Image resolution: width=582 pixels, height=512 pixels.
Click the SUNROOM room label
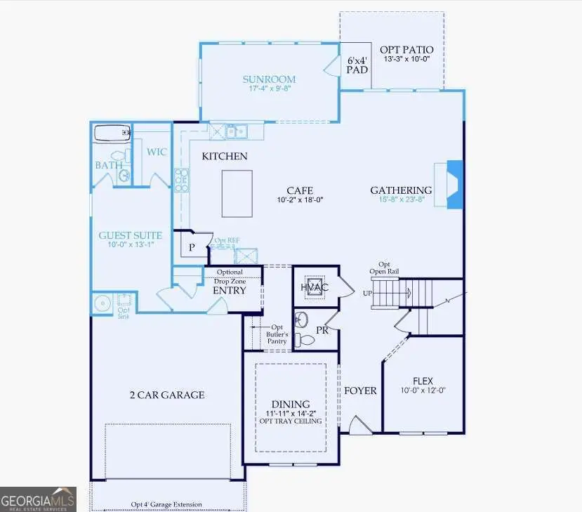click(x=269, y=79)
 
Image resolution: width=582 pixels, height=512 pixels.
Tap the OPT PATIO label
click(x=406, y=50)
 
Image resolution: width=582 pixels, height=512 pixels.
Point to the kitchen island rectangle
click(x=237, y=194)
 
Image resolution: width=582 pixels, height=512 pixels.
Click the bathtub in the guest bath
click(x=112, y=133)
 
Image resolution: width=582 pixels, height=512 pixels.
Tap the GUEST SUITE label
click(x=130, y=236)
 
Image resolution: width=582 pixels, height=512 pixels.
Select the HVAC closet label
click(x=314, y=287)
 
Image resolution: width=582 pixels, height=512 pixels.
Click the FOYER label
click(x=360, y=390)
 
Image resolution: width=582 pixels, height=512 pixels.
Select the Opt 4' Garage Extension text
click(x=166, y=504)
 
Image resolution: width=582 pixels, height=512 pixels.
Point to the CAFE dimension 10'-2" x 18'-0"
click(x=299, y=199)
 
